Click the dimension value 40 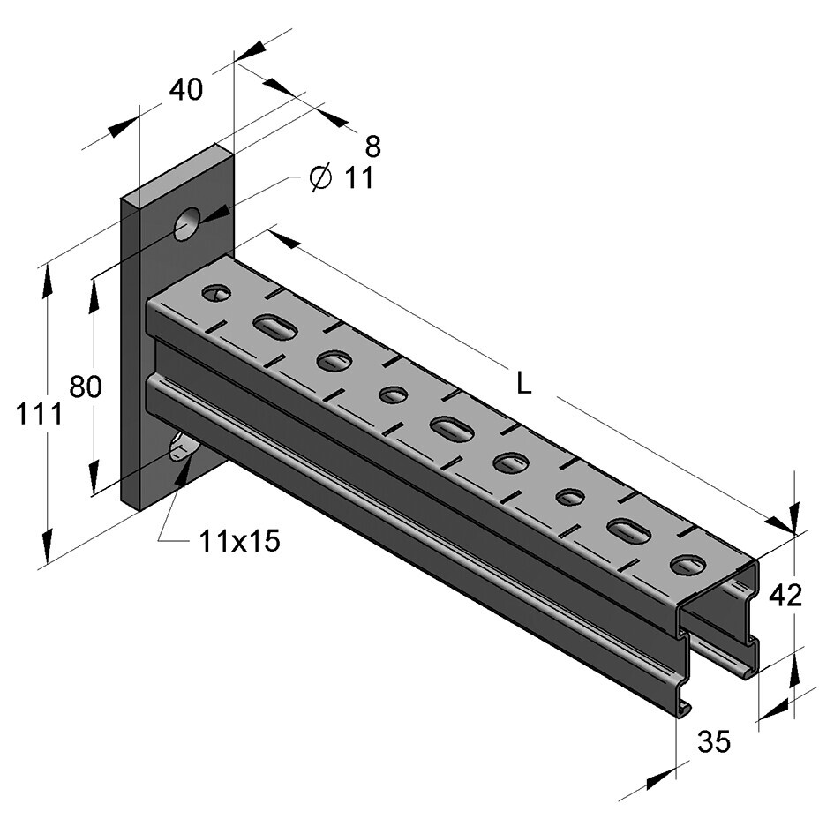coord(185,90)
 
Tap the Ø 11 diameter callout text coord(342,178)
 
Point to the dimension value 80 coord(86,387)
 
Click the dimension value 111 coord(39,413)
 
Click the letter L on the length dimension coord(524,383)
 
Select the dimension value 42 coord(785,596)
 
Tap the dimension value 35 coord(714,742)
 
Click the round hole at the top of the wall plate coord(187,223)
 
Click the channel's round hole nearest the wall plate coord(216,293)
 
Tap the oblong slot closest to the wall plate coord(274,327)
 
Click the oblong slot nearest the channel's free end coord(628,530)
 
